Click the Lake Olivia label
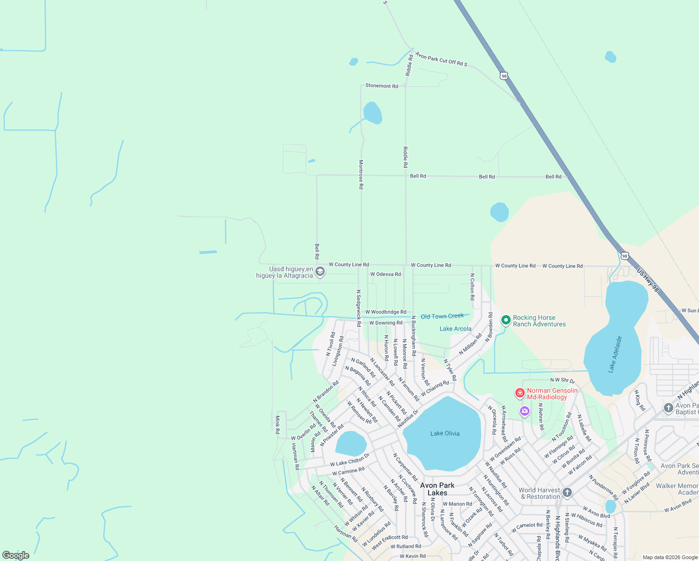(x=445, y=433)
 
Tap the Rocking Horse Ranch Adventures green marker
(x=506, y=320)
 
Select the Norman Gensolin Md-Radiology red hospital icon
(x=520, y=393)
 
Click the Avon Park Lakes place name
(x=437, y=489)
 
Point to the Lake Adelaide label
(x=615, y=354)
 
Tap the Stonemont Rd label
(x=381, y=86)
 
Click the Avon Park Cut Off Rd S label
(x=441, y=59)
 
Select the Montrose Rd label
(x=361, y=174)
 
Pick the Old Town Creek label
(x=442, y=316)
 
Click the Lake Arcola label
(x=455, y=329)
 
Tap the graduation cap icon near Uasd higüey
(x=320, y=272)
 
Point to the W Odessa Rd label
(x=385, y=274)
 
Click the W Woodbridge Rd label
(x=385, y=312)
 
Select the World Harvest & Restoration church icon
(x=567, y=492)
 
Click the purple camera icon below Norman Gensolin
(x=524, y=411)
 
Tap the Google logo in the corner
(x=16, y=555)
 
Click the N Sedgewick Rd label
(x=358, y=308)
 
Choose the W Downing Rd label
(x=385, y=323)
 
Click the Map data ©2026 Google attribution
(x=670, y=557)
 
